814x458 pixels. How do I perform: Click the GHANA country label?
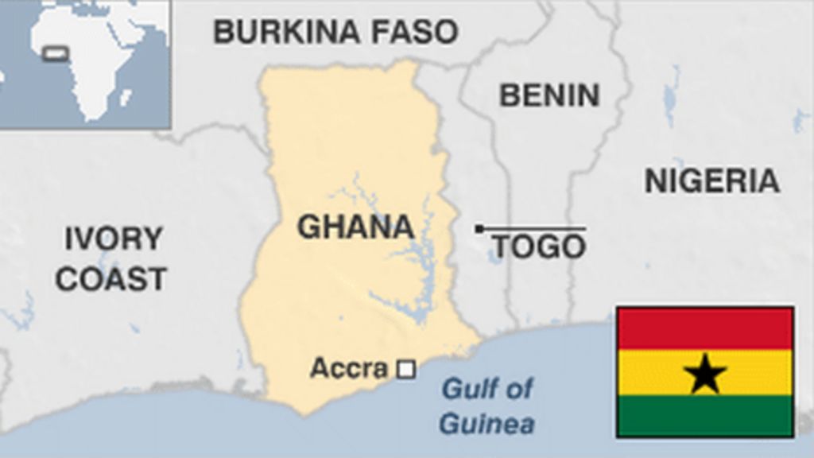click(x=355, y=227)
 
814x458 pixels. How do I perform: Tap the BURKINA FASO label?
click(x=335, y=32)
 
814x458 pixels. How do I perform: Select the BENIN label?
click(x=548, y=95)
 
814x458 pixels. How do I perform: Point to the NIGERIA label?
click(x=711, y=181)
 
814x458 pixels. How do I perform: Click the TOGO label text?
click(x=539, y=247)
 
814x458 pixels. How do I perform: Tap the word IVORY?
click(x=113, y=239)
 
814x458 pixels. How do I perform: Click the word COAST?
click(x=111, y=279)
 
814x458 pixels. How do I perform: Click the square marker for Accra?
click(x=406, y=369)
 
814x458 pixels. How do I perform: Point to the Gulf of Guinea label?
click(x=486, y=406)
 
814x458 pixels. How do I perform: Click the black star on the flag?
click(x=705, y=374)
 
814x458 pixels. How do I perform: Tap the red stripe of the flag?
click(x=705, y=328)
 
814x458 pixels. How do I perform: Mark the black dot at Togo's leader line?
click(x=479, y=229)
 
